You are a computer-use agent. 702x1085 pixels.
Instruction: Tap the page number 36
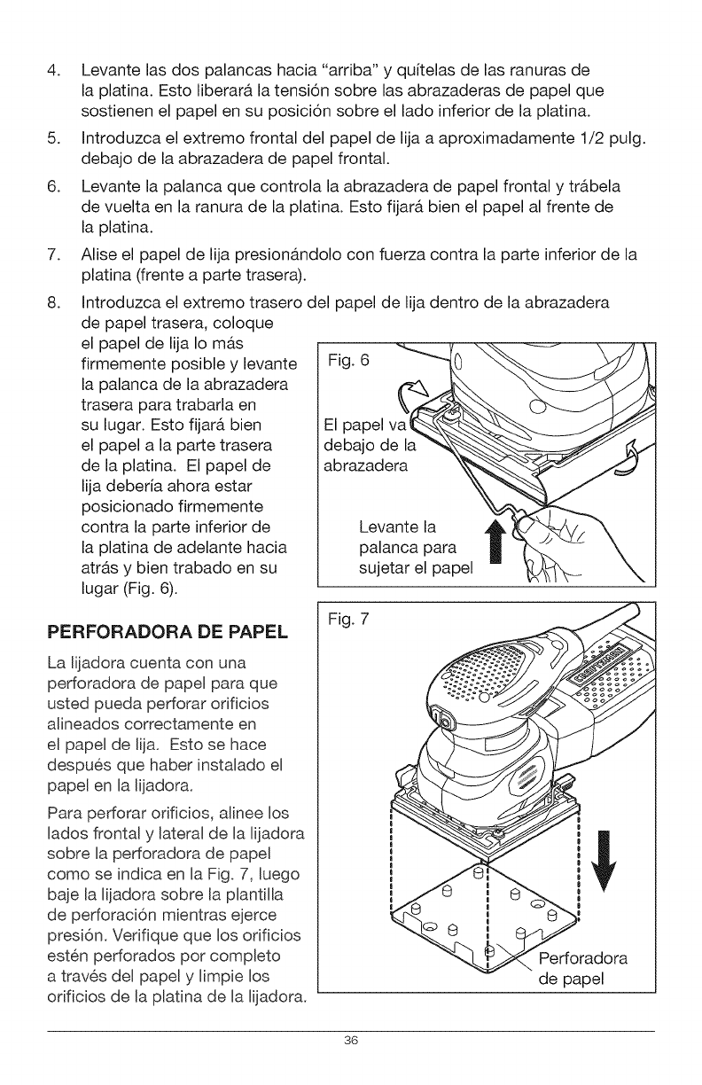tap(350, 1040)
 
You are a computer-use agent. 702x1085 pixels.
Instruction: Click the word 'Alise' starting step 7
tap(99, 258)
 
